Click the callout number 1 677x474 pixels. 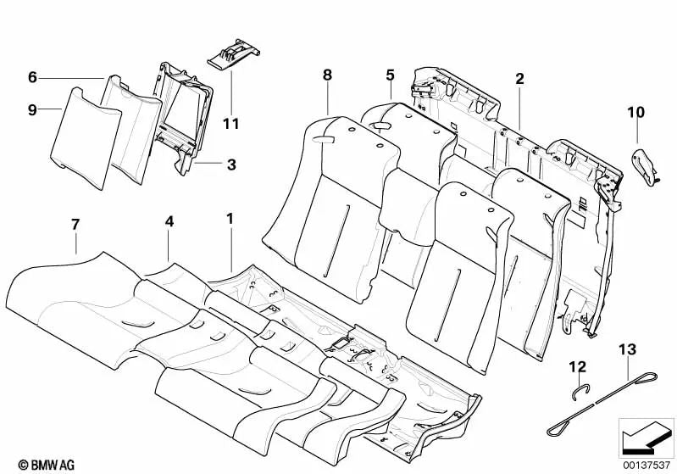(x=230, y=219)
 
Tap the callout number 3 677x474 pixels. (x=231, y=164)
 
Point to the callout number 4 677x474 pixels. (x=169, y=222)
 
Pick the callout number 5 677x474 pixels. (x=390, y=75)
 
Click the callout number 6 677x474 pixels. (x=32, y=77)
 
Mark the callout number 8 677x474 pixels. (x=328, y=75)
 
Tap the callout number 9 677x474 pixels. (x=32, y=109)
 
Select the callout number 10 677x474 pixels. (x=635, y=111)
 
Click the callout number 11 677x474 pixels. (x=230, y=124)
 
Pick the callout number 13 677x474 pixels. (x=627, y=349)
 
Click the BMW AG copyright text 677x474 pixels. (x=32, y=464)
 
